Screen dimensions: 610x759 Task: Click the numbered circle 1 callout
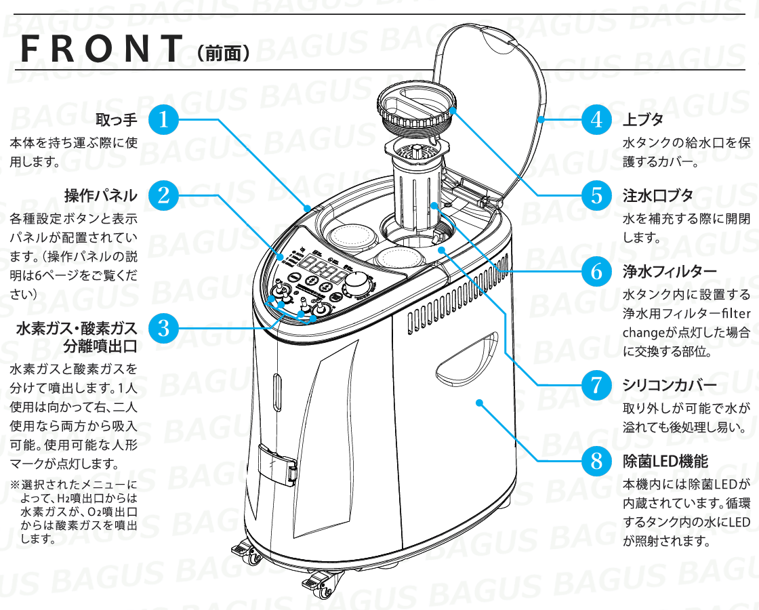[x=163, y=119]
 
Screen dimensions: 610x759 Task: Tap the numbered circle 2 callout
[x=163, y=195]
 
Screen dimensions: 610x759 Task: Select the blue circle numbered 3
[x=163, y=327]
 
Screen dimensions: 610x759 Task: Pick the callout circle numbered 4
[x=596, y=119]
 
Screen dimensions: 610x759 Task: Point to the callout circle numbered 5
[x=596, y=195]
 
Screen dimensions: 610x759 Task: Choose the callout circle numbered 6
[x=596, y=272]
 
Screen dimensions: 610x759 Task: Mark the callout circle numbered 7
[x=596, y=385]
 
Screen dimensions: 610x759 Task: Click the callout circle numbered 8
[x=596, y=462]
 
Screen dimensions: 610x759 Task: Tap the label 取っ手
[x=117, y=120]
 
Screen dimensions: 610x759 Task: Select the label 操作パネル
[x=101, y=196]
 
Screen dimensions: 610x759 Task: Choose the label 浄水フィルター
[x=670, y=272]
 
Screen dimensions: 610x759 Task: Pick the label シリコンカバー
[x=670, y=386]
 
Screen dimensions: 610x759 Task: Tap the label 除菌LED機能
[x=665, y=462]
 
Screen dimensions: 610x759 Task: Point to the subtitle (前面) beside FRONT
[x=224, y=52]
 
